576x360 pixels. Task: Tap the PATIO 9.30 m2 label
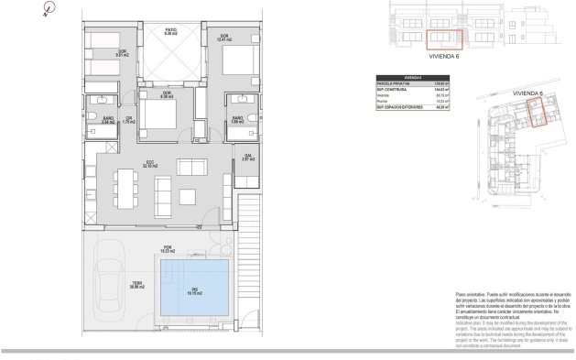coord(170,31)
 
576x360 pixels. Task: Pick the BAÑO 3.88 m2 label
coord(236,119)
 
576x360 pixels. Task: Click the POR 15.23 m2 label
coord(168,248)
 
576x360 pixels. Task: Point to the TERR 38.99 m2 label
coord(136,285)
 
